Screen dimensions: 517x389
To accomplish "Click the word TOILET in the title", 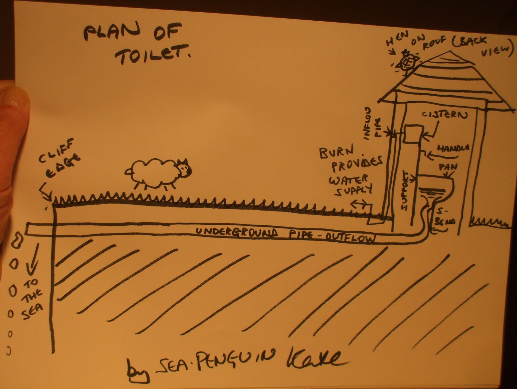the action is pyautogui.click(x=152, y=57).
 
